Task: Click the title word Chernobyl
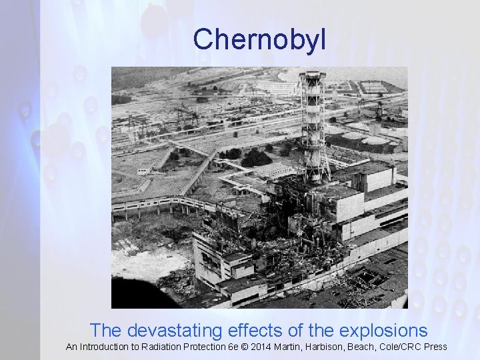pos(259,40)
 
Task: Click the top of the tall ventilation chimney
pos(311,75)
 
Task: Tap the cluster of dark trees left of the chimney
pos(257,159)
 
